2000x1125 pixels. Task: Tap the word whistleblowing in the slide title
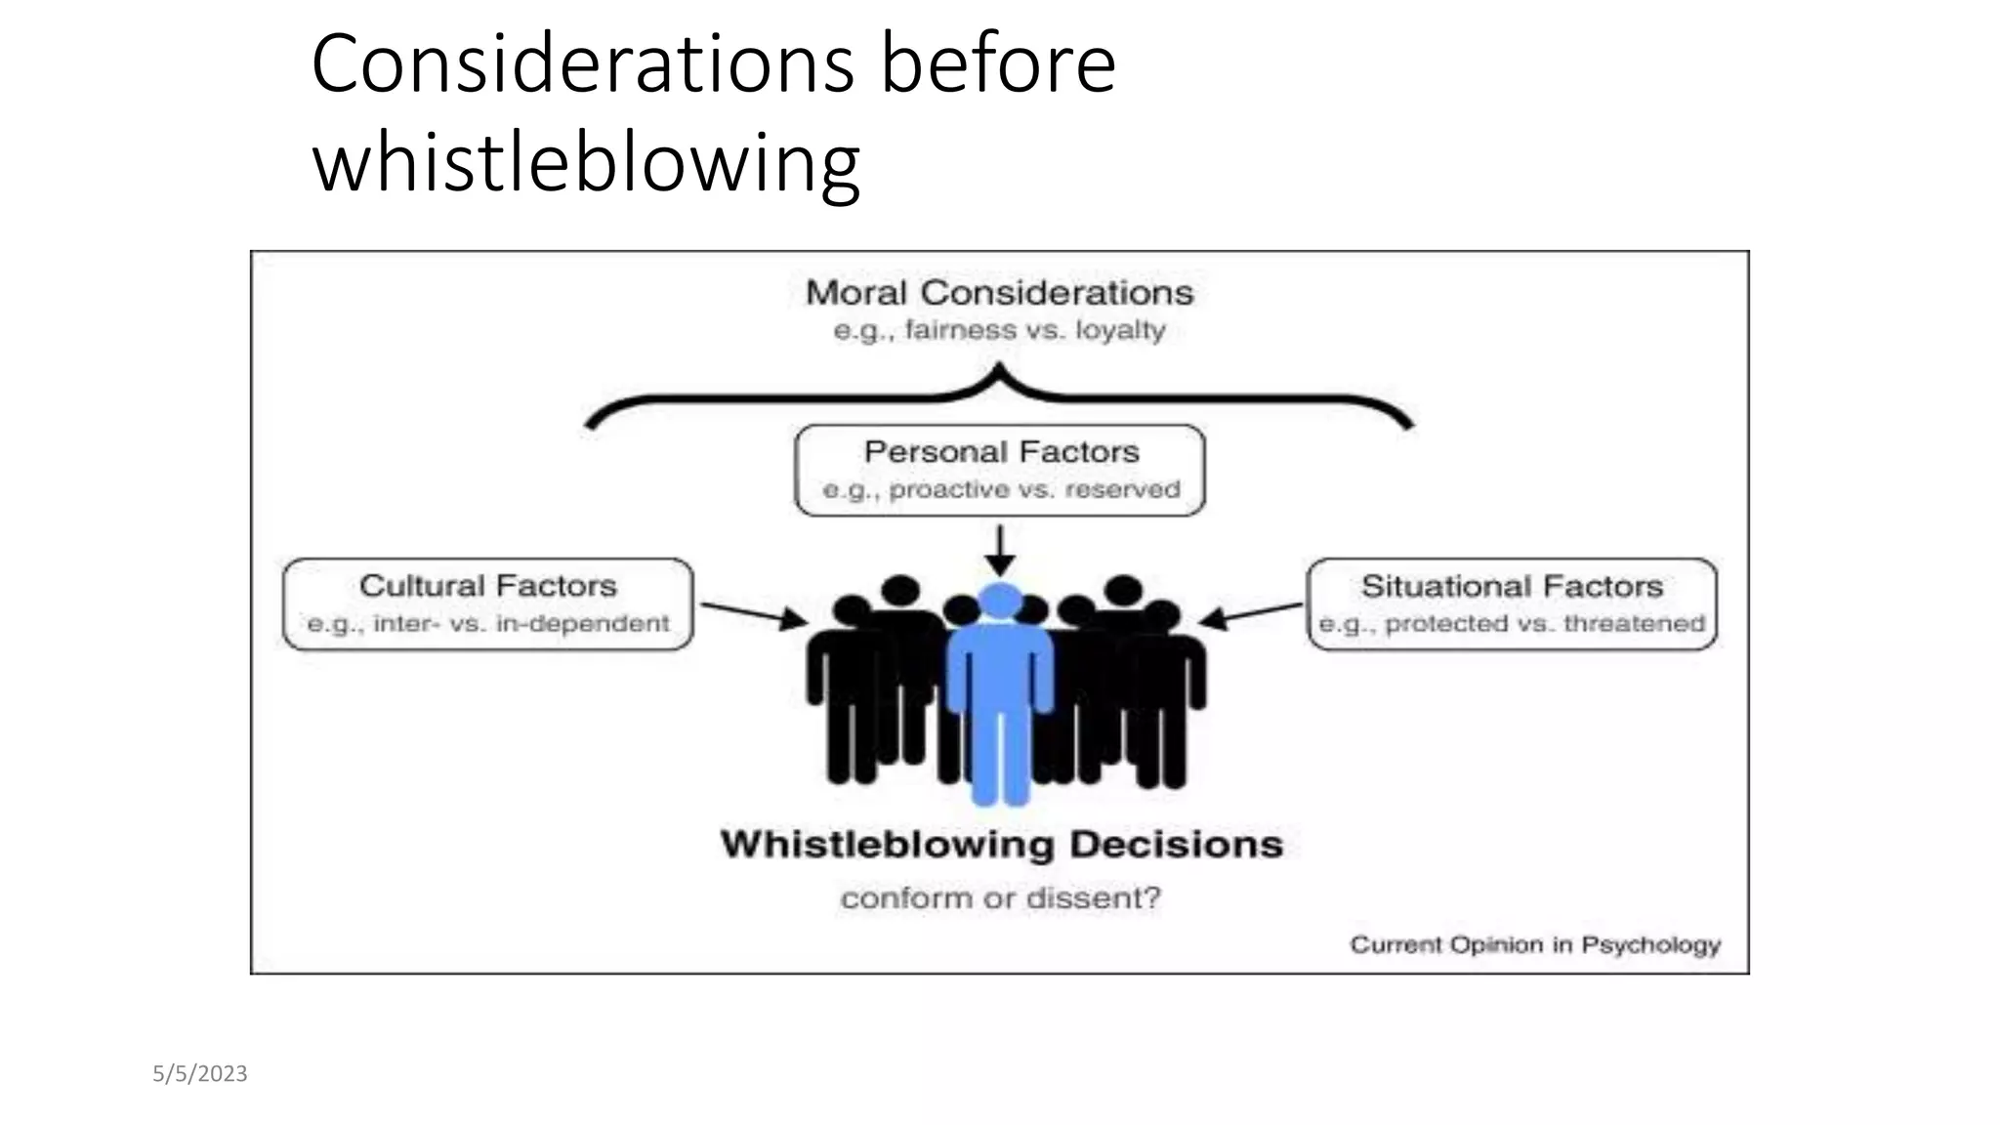click(586, 162)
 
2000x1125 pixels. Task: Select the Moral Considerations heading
click(999, 293)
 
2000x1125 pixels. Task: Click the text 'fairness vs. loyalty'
click(1035, 330)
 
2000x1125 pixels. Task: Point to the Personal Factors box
click(1000, 470)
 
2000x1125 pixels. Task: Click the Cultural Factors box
click(487, 604)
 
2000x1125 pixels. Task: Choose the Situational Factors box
click(1512, 604)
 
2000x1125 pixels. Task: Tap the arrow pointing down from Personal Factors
click(999, 552)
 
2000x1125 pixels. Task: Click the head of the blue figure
click(999, 601)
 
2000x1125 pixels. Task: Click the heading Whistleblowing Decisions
click(1001, 845)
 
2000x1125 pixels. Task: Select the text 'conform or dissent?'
click(1001, 897)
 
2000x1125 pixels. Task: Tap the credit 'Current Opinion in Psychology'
click(1535, 945)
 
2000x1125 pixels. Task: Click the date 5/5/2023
click(200, 1074)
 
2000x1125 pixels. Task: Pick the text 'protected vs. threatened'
click(1544, 624)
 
